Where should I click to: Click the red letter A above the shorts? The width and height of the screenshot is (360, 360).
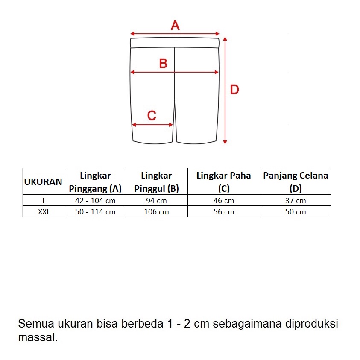pyautogui.click(x=175, y=26)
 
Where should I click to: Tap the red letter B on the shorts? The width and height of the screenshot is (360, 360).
pyautogui.click(x=163, y=64)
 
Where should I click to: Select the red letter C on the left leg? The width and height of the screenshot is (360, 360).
pyautogui.click(x=152, y=115)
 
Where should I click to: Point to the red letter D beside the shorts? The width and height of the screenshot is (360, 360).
pyautogui.click(x=234, y=90)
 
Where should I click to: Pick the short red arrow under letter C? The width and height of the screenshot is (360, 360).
pyautogui.click(x=152, y=125)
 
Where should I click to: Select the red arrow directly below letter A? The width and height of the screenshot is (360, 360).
pyautogui.click(x=175, y=34)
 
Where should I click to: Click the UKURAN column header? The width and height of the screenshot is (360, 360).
pyautogui.click(x=43, y=181)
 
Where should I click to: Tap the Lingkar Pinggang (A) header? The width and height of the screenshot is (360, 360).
pyautogui.click(x=95, y=182)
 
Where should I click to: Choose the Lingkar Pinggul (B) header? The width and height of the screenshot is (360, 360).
pyautogui.click(x=156, y=182)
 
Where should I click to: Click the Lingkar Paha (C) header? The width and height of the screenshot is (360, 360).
pyautogui.click(x=224, y=182)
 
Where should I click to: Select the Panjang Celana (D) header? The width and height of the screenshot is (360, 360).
pyautogui.click(x=296, y=182)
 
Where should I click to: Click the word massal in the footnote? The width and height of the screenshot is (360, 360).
pyautogui.click(x=37, y=338)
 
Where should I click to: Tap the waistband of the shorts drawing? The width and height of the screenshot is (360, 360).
pyautogui.click(x=175, y=43)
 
